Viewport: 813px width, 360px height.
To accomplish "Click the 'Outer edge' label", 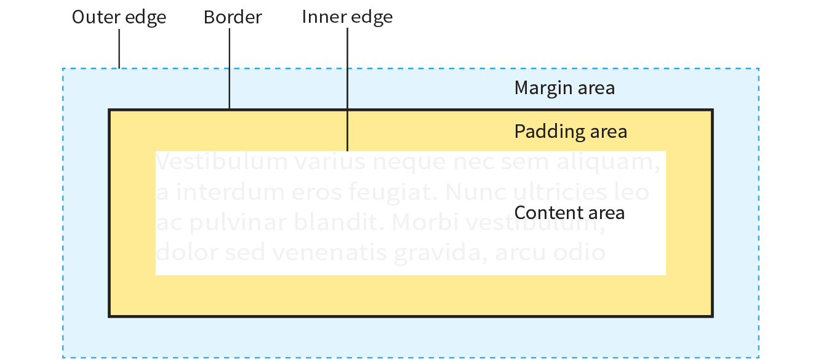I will [x=119, y=17].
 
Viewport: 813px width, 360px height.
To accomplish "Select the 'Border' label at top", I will [x=233, y=17].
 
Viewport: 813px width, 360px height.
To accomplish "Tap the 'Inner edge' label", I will [x=347, y=17].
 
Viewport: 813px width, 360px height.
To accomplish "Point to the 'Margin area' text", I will [x=564, y=88].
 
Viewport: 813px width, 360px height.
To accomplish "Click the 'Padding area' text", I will [x=571, y=132].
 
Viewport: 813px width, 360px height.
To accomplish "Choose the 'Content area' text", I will [x=569, y=213].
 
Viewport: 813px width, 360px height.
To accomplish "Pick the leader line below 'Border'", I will [x=230, y=68].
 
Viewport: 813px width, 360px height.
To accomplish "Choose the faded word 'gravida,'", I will [x=445, y=252].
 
